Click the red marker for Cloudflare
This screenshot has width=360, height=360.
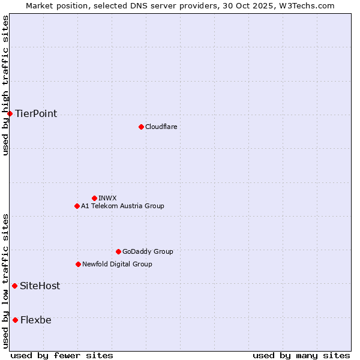[141, 127]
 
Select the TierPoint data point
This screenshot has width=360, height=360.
[10, 113]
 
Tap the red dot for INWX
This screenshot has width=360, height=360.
[94, 198]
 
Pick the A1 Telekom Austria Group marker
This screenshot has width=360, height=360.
[77, 206]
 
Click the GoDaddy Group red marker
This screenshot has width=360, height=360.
[118, 251]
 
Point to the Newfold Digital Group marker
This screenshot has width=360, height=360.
[78, 264]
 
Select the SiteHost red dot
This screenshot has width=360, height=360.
[14, 286]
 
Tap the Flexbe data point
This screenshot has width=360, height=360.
[15, 320]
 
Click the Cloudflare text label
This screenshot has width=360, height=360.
[161, 127]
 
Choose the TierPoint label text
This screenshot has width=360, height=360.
[36, 113]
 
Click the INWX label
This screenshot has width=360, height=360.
[107, 198]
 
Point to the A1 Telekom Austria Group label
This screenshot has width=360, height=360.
[122, 206]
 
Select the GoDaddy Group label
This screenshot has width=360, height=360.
[148, 251]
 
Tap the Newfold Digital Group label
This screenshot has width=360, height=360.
[117, 264]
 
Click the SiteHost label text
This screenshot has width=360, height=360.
[40, 286]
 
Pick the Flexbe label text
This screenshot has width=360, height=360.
[35, 320]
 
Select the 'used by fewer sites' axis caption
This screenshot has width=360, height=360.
[62, 355]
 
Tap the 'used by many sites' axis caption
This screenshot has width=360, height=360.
[301, 355]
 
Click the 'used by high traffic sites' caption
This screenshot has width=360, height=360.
[5, 85]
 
